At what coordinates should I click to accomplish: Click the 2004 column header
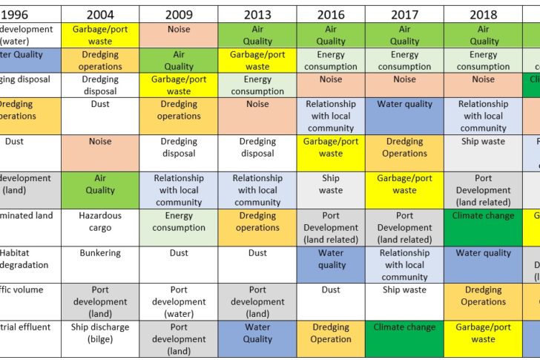coord(100,14)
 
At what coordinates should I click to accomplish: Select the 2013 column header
coord(257,14)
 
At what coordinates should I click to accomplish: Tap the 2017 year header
coord(404,14)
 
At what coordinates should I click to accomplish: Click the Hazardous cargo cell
coord(100,221)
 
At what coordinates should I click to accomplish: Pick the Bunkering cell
coord(100,253)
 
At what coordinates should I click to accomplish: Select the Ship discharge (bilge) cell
coord(100,333)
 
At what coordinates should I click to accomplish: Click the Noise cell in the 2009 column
coord(179,30)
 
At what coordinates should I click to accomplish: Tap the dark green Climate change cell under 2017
coord(404,327)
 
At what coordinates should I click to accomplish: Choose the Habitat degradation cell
coord(26,259)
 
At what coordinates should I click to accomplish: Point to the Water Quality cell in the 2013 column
coord(257,333)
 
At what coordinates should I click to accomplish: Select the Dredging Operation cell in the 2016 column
coord(331,333)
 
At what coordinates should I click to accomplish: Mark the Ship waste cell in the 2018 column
coord(483,141)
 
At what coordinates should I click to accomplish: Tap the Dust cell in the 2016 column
coord(331,290)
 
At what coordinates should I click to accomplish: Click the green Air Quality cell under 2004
coord(100,184)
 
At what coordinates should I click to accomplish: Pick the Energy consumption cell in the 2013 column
coord(257,85)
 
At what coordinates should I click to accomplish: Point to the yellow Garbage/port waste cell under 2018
coord(483,333)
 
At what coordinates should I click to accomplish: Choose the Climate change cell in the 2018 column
coord(483,216)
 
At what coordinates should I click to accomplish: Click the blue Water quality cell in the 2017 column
coord(404,105)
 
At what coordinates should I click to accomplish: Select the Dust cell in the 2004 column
coord(100,105)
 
